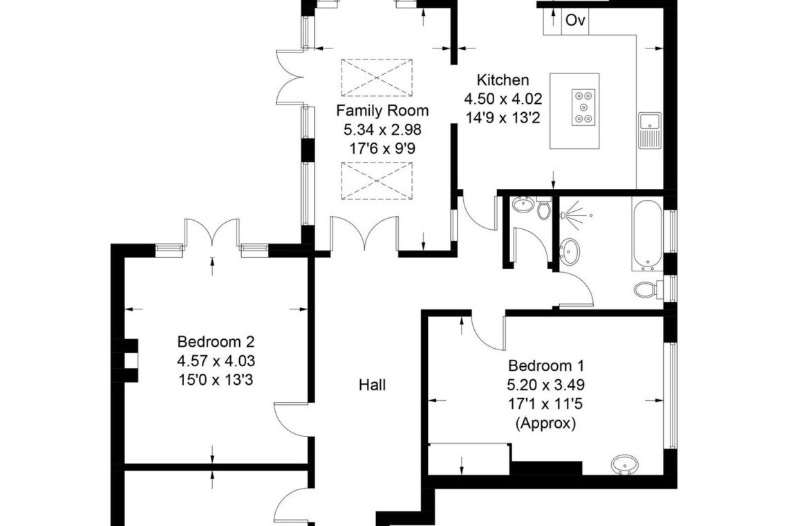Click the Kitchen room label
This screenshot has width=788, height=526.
click(503, 80)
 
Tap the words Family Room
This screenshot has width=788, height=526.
click(382, 110)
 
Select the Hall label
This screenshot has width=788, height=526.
click(373, 385)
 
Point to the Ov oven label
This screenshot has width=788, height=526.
click(575, 20)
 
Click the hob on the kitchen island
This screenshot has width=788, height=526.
click(583, 107)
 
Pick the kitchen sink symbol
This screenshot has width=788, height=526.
click(650, 130)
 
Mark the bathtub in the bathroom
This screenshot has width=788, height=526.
click(648, 234)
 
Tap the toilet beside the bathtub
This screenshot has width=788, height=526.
click(649, 289)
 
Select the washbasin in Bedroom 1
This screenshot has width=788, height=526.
click(625, 464)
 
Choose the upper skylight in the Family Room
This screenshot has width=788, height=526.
click(377, 78)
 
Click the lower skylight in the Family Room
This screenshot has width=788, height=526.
click(377, 181)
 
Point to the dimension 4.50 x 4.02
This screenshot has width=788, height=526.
click(503, 99)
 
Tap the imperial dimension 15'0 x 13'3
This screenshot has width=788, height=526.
click(216, 379)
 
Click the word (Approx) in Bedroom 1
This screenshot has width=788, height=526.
click(546, 424)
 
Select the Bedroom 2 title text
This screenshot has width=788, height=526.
click(216, 342)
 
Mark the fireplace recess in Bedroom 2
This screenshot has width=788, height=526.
click(131, 360)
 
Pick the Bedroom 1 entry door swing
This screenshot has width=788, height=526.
click(487, 329)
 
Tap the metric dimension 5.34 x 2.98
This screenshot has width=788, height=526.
click(382, 130)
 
